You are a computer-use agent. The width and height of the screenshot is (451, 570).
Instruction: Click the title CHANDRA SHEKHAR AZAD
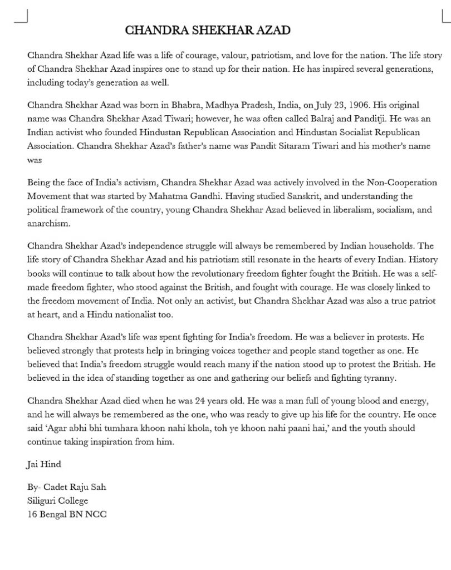(207, 30)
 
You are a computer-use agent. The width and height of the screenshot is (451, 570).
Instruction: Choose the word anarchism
(48, 224)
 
